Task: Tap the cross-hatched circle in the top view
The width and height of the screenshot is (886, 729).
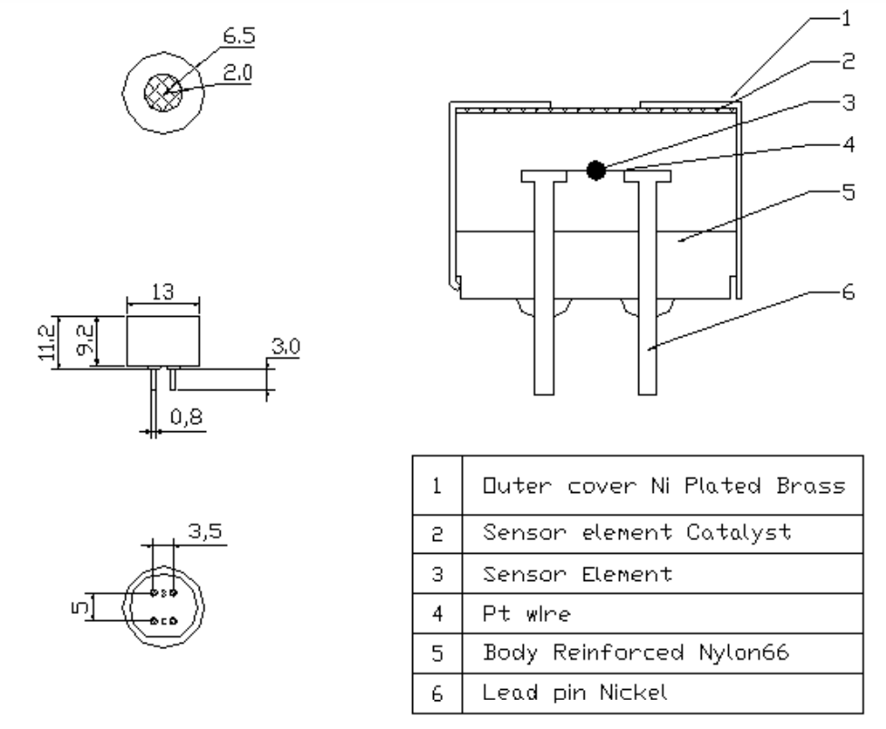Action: (x=164, y=90)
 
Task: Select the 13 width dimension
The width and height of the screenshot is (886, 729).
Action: (x=162, y=293)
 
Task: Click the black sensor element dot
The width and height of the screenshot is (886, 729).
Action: (x=596, y=170)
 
